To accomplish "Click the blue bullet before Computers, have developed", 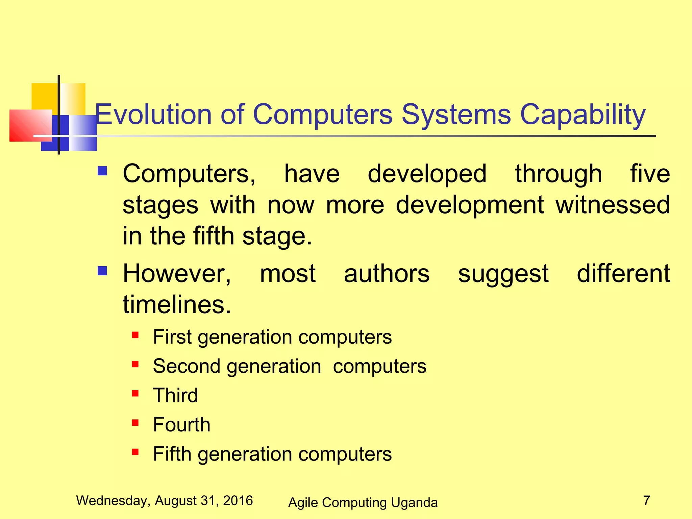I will (102, 171).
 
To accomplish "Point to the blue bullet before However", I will (102, 271).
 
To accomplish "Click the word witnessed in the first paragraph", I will (613, 205).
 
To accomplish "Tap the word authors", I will (387, 274).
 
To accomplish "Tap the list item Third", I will (175, 395).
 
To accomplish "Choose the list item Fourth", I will (181, 424).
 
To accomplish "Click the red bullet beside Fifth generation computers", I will (135, 452).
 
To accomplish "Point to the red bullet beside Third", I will (135, 393).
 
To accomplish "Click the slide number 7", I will (646, 500).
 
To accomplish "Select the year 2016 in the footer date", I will (238, 500).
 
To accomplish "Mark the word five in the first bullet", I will (650, 174).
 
